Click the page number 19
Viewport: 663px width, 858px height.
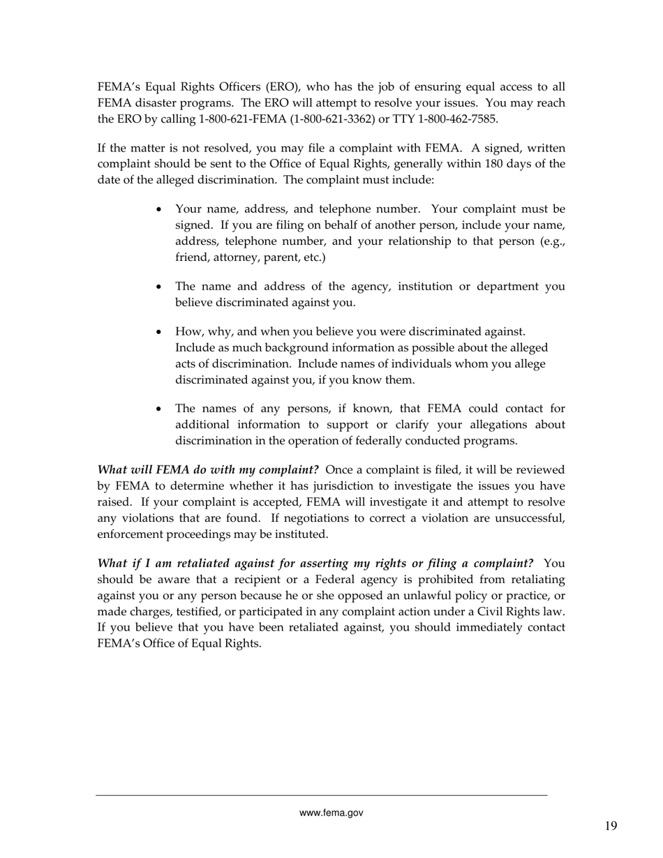pos(611,827)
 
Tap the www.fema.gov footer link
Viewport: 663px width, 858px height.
pos(331,813)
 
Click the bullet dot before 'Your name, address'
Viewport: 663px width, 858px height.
pos(160,210)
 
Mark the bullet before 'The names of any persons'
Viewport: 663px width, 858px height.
pos(160,409)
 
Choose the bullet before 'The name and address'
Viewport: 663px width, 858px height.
pos(160,287)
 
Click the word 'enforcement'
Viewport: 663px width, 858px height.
pos(128,534)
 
